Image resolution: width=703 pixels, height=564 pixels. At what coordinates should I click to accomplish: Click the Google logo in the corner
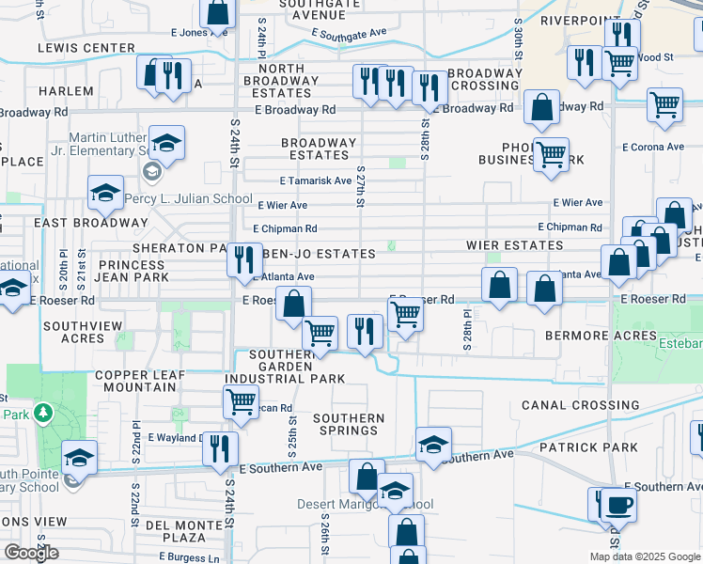(32, 553)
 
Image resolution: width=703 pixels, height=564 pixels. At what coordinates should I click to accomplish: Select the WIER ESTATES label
(515, 245)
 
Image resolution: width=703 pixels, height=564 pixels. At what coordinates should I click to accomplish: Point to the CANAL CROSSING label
(580, 405)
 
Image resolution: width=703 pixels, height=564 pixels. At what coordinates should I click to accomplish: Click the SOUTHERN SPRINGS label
(349, 425)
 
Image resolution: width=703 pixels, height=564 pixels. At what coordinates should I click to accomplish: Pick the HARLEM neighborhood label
(66, 91)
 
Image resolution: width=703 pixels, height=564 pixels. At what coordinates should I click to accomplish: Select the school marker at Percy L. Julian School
(104, 193)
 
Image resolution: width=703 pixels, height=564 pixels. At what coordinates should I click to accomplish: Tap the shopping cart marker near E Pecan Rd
(242, 400)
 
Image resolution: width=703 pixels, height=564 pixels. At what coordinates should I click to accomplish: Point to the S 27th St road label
(361, 186)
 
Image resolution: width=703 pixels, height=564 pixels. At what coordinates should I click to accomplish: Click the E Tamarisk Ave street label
(315, 180)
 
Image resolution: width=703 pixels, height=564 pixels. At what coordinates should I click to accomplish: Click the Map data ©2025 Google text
(645, 556)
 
